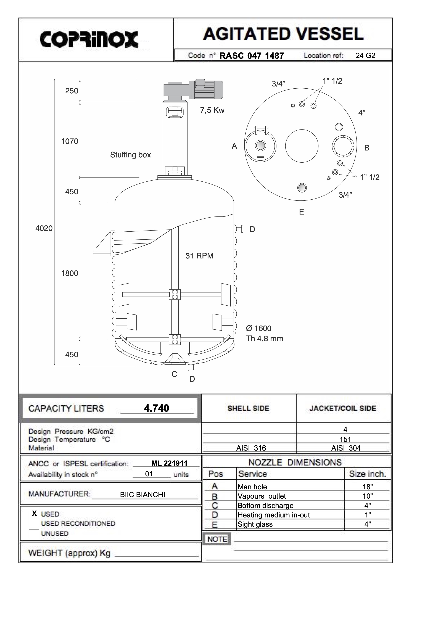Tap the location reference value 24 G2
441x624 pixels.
[365, 56]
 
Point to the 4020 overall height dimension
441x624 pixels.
[44, 228]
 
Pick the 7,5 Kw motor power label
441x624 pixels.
[212, 110]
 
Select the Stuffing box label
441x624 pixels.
[130, 155]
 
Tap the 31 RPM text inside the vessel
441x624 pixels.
[199, 256]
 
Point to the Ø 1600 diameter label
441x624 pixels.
[258, 328]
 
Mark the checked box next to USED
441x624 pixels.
[34, 513]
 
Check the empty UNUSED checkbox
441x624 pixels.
[34, 533]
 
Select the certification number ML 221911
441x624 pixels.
[169, 463]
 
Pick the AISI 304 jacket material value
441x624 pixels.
[346, 448]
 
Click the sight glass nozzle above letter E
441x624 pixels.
[302, 187]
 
